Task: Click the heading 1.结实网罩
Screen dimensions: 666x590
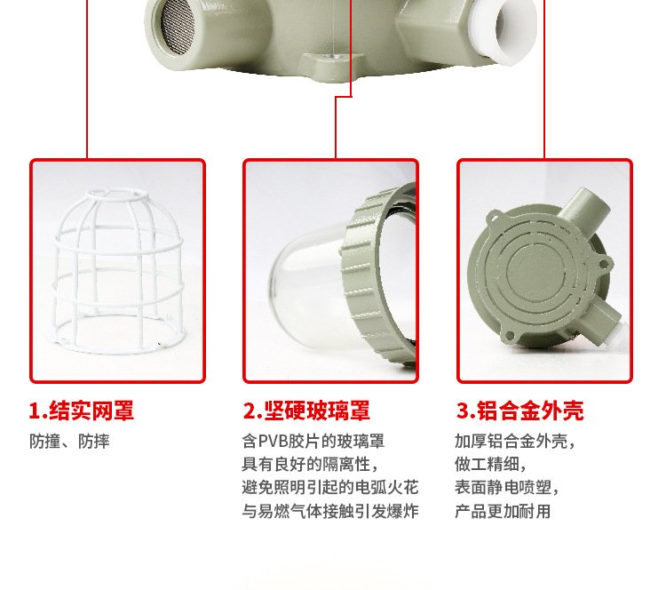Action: [x=82, y=411]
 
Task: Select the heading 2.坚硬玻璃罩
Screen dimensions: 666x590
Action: [x=306, y=411]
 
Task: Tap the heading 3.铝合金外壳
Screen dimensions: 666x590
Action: [x=519, y=411]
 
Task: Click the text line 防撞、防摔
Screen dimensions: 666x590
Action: [x=69, y=442]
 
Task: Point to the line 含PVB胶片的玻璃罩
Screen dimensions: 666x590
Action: [x=313, y=442]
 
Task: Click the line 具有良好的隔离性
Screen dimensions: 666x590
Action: [x=310, y=464]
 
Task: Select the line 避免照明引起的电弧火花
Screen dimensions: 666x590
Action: [x=330, y=487]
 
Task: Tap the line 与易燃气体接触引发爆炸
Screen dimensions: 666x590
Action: [x=330, y=511]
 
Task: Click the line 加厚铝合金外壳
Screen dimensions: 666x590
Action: [x=515, y=442]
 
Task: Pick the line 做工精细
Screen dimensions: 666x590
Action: [x=490, y=464]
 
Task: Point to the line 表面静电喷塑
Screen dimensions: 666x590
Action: [x=507, y=487]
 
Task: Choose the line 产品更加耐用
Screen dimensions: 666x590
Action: [x=503, y=511]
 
